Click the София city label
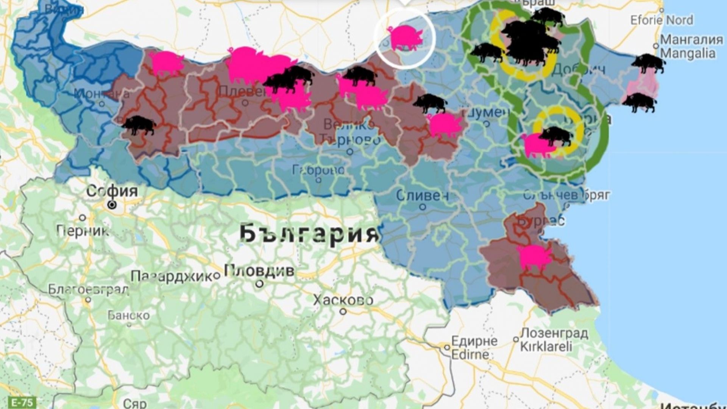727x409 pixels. pyautogui.click(x=112, y=191)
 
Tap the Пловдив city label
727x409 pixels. pyautogui.click(x=259, y=270)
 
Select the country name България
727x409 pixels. pyautogui.click(x=309, y=234)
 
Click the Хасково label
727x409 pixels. pyautogui.click(x=343, y=300)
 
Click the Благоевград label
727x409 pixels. pyautogui.click(x=88, y=290)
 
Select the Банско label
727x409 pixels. pyautogui.click(x=129, y=315)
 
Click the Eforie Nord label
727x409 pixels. pyautogui.click(x=661, y=20)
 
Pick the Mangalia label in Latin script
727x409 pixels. pyautogui.click(x=688, y=53)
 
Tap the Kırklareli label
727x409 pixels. pyautogui.click(x=546, y=347)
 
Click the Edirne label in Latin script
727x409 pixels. pyautogui.click(x=470, y=355)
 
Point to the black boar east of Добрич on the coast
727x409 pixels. pyautogui.click(x=648, y=63)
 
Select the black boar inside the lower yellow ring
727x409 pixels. pyautogui.click(x=555, y=136)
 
